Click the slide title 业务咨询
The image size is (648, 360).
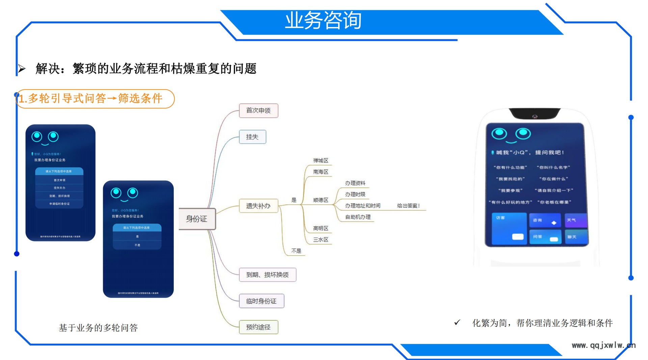[323, 20]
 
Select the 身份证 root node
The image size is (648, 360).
[197, 219]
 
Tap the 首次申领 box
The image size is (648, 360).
[258, 111]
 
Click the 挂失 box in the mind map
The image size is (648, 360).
[252, 137]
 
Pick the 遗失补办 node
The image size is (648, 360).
[258, 206]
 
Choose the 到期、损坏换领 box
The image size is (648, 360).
[267, 275]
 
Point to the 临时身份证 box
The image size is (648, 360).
[261, 301]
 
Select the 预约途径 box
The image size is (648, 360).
[258, 327]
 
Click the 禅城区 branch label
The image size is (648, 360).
[320, 160]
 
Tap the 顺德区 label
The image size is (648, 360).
[320, 200]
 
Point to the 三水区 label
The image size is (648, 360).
[320, 239]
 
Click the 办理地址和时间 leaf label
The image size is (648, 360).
[362, 206]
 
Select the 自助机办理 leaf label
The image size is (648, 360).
[358, 217]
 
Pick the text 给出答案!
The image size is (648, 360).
[408, 206]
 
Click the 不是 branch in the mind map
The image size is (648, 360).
[296, 251]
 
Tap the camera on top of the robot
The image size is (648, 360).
[535, 117]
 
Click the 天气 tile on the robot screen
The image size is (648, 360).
[575, 220]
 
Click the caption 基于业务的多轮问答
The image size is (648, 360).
[98, 328]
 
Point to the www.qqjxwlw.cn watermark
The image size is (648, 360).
[603, 345]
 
